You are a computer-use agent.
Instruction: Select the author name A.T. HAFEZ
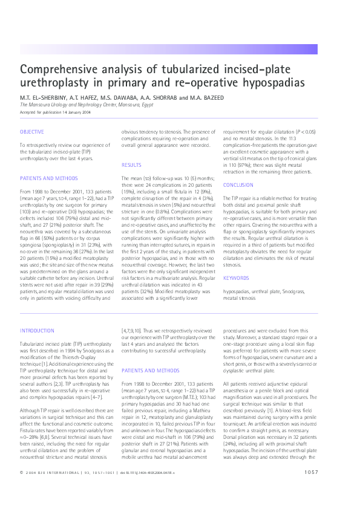coord(86,97)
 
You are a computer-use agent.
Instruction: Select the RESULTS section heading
coord(131,164)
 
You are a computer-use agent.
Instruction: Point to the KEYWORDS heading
coord(235,278)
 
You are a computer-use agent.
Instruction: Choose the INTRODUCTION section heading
coord(37,331)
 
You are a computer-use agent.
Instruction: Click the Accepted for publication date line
coord(55,112)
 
